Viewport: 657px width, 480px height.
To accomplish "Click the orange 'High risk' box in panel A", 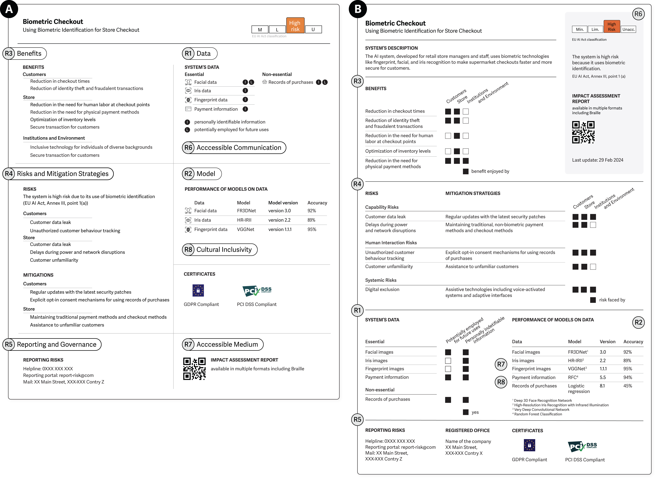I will point(295,26).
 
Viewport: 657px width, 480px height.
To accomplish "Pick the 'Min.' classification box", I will point(579,29).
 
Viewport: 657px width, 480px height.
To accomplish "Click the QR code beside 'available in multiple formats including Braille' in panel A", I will point(194,369).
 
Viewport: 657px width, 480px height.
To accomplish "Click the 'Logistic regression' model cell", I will point(579,388).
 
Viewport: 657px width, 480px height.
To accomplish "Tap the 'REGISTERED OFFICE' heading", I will point(467,430).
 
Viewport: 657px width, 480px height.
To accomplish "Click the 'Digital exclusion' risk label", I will point(382,289).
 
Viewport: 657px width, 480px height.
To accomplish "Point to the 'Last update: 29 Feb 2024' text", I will point(598,160).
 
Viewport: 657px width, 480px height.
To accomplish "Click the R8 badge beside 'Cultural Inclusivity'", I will point(188,250).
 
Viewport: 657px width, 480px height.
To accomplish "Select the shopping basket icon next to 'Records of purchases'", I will point(265,82).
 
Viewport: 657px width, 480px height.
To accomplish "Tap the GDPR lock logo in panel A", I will point(198,290).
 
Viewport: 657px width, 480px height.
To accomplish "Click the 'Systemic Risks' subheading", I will point(381,280).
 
